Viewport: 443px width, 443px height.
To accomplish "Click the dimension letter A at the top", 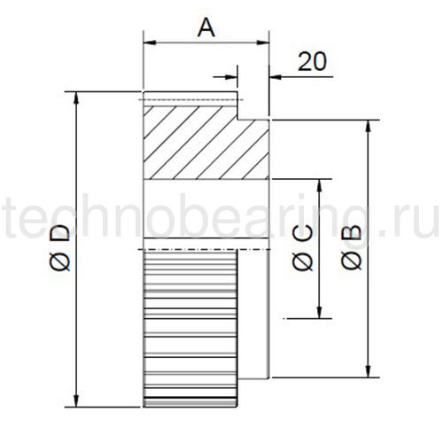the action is coord(206,27).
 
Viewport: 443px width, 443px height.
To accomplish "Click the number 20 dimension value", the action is coord(312,62).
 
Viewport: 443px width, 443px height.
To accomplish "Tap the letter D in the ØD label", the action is coord(59,233).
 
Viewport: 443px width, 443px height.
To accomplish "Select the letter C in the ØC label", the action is coord(302,233).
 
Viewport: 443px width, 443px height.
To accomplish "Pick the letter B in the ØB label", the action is coord(351,233).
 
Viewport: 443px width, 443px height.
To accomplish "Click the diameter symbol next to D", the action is coord(59,261).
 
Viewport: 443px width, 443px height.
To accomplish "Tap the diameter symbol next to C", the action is coord(302,260).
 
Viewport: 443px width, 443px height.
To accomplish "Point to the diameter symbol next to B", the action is coord(351,260).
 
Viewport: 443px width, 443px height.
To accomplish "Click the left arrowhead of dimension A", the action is coord(150,43).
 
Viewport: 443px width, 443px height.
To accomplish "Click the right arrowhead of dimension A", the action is coord(263,43).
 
